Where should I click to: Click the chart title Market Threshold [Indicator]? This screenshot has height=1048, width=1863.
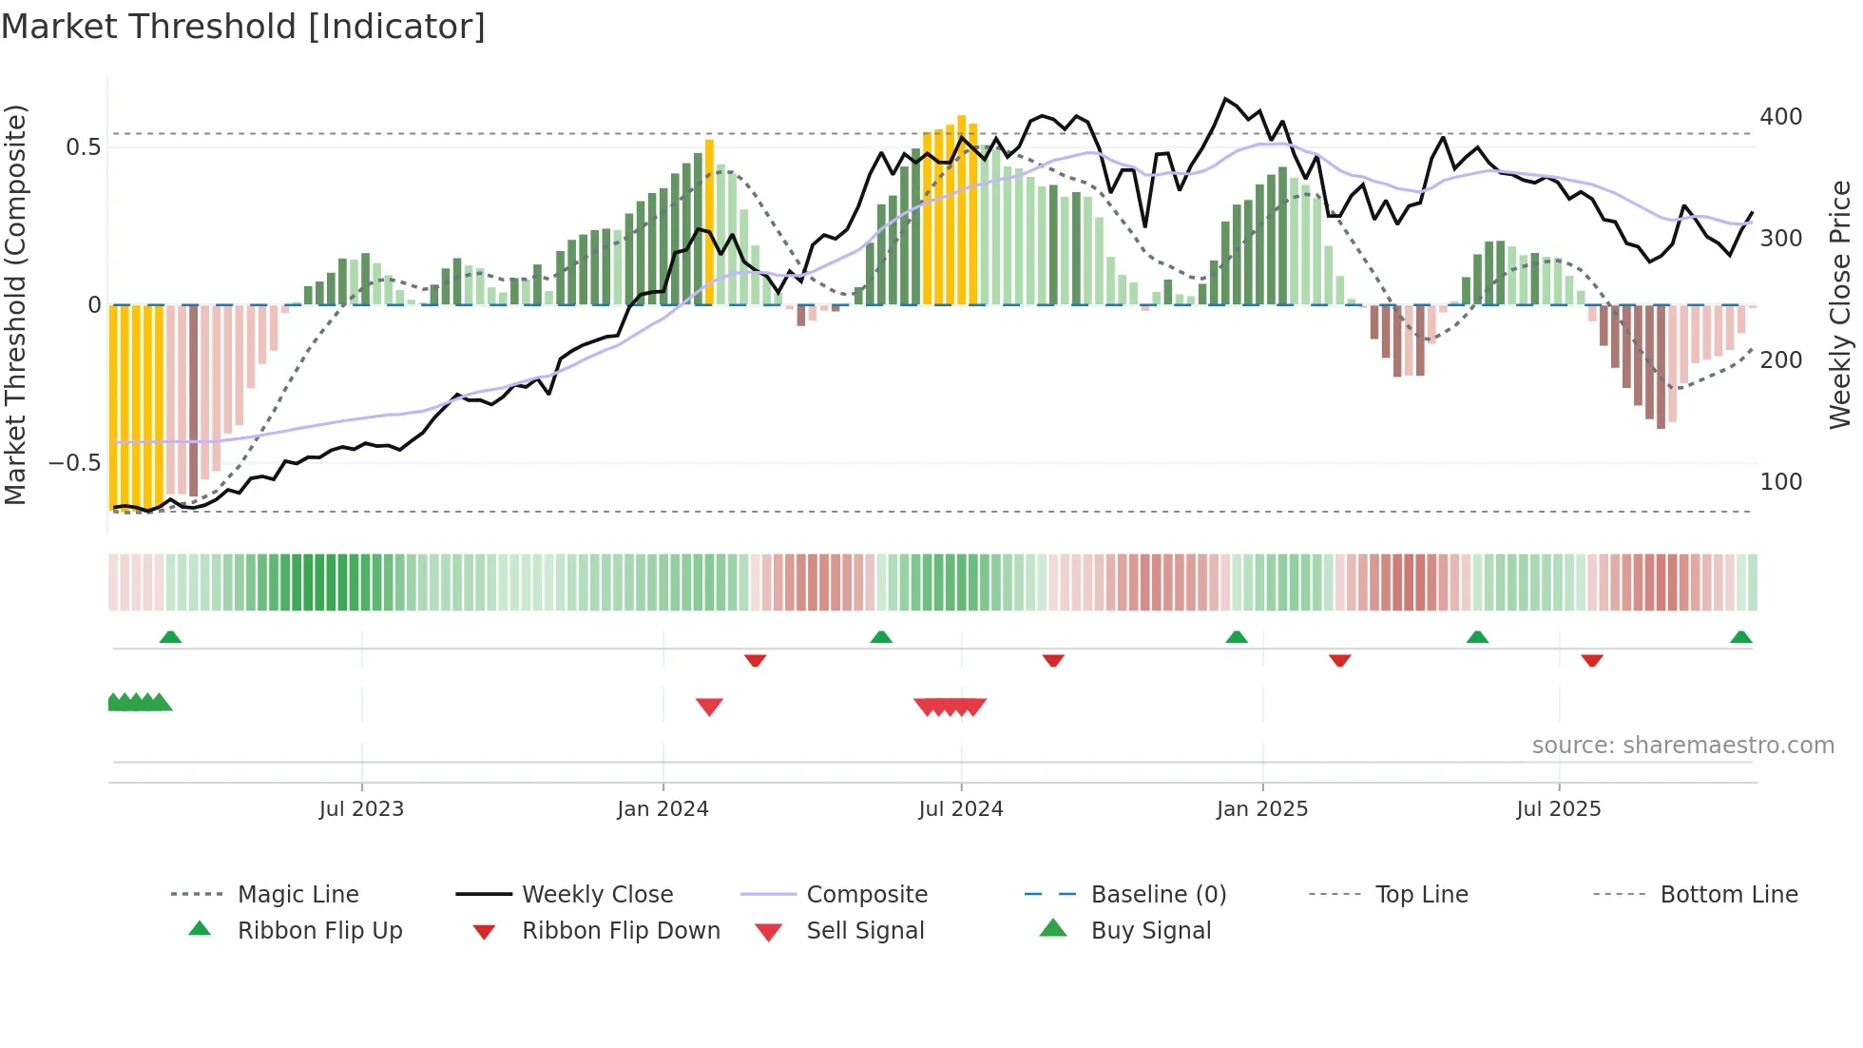243,27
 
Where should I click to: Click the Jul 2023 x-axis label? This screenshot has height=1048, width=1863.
361,809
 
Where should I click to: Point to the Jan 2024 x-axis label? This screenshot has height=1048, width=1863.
663,809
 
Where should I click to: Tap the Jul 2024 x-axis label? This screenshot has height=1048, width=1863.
961,809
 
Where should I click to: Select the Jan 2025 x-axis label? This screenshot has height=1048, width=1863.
1262,809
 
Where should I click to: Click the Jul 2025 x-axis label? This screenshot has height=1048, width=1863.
1559,809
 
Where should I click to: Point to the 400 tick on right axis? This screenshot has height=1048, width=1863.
1780,117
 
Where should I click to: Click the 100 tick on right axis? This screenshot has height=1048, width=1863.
1780,482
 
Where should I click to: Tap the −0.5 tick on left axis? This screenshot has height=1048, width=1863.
74,463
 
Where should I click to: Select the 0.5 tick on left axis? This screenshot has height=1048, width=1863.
83,147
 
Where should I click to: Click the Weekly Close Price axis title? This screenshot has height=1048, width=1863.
1840,304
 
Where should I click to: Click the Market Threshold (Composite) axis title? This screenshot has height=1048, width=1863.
15,304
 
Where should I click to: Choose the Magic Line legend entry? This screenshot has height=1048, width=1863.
298,895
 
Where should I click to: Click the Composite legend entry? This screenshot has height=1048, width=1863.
866,895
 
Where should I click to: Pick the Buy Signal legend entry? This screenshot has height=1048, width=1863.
1150,931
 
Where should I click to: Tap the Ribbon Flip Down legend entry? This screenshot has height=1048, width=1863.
620,931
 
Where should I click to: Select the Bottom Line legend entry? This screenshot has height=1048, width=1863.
1728,895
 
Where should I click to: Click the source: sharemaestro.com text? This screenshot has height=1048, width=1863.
1682,746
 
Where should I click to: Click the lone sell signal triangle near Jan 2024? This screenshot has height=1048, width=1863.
709,707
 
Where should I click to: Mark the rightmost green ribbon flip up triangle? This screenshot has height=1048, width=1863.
1740,637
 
